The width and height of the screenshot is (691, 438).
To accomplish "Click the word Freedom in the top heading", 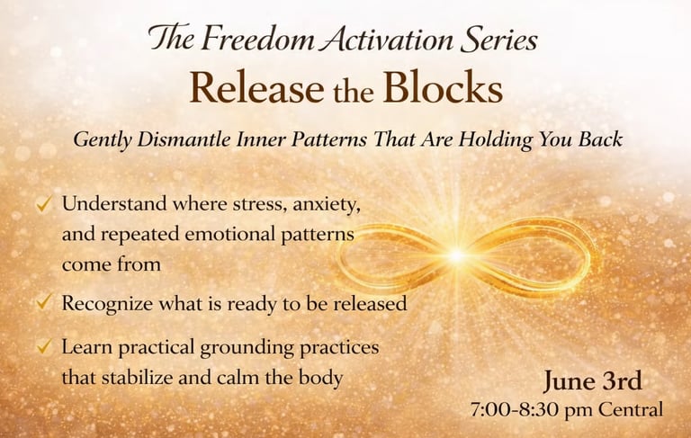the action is tap(259, 39).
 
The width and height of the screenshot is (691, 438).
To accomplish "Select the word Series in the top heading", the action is tap(498, 39).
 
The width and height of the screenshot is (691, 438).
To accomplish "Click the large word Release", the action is tap(257, 87).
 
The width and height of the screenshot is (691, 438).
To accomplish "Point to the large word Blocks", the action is tap(443, 87).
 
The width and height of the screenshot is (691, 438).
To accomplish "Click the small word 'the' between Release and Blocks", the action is tap(354, 91).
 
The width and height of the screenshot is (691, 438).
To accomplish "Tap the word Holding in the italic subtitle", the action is tap(496, 140).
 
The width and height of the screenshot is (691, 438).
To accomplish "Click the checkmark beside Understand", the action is tap(44, 203).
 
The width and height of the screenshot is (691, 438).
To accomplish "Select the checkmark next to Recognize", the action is tap(44, 302).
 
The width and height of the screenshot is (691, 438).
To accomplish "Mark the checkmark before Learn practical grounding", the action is tap(44, 346).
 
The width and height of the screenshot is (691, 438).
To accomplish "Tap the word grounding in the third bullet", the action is tap(247, 348).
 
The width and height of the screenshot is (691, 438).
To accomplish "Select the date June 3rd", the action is tap(592, 380).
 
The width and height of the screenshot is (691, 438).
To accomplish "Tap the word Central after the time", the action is tap(630, 409).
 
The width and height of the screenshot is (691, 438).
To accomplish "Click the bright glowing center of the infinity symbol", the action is tap(457, 255).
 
